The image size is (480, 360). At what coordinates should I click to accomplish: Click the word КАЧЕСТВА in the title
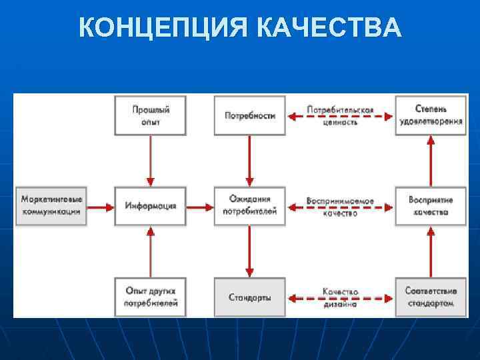[328, 29]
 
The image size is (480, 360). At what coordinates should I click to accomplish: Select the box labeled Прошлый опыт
[150, 115]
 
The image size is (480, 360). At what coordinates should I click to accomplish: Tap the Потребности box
[249, 115]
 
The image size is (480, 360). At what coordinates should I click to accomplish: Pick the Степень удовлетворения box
[431, 115]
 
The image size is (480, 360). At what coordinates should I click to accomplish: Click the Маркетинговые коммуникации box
[51, 206]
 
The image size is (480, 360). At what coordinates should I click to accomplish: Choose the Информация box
[150, 206]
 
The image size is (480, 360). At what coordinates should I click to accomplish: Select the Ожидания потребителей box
[249, 206]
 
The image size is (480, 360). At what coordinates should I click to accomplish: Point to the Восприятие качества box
[431, 206]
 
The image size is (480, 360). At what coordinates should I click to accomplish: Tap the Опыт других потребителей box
[150, 297]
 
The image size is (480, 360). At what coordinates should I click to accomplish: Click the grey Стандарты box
[249, 297]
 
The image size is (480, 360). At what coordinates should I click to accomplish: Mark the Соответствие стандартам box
[431, 297]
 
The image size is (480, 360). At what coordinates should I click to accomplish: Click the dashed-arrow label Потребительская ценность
[340, 115]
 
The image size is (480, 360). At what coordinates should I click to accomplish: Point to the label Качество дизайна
[340, 298]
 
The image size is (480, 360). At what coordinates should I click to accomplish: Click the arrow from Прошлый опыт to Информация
[150, 160]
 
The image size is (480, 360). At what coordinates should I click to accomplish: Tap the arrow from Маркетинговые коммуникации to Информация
[101, 207]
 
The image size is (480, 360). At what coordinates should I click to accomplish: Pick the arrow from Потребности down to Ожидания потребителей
[249, 160]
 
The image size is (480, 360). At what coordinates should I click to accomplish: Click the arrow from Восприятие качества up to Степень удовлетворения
[431, 160]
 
